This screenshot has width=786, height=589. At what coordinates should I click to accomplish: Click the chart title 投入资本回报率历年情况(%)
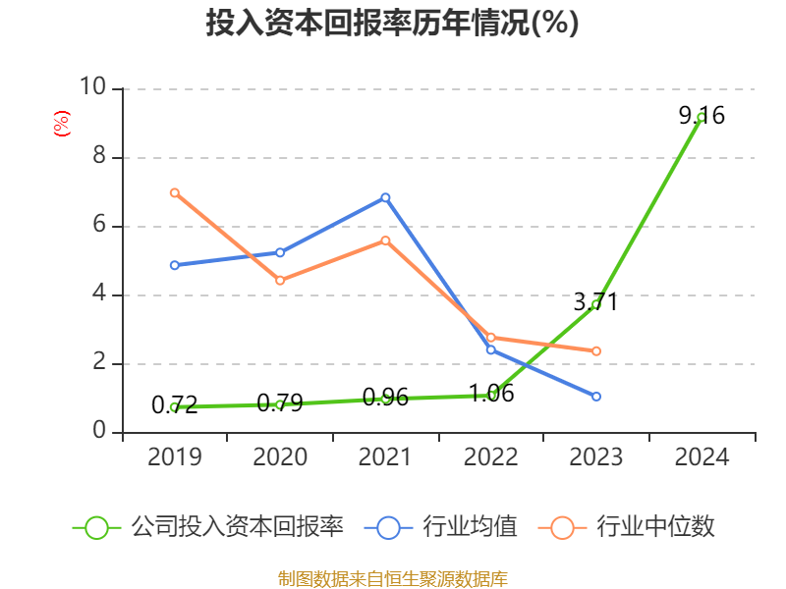tap(392, 24)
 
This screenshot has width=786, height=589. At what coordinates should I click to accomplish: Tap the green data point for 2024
tap(702, 117)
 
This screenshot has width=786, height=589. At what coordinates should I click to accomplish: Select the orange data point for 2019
tap(174, 192)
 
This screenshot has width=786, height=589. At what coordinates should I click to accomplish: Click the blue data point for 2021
tap(386, 197)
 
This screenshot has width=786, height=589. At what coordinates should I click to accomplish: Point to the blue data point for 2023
tap(596, 397)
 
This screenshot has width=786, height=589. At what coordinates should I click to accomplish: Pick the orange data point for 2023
tap(596, 350)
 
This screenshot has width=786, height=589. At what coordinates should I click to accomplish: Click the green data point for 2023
tap(596, 304)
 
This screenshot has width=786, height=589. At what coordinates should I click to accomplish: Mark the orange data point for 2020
tap(280, 280)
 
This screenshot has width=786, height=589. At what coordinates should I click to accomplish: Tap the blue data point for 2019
tap(174, 265)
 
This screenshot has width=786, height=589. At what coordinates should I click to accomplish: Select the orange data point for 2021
tap(386, 240)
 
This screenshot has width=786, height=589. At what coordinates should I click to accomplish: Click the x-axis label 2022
tap(491, 457)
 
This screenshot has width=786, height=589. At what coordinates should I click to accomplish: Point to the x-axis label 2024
tap(702, 457)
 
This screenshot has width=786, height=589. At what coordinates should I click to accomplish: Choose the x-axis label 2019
tap(174, 457)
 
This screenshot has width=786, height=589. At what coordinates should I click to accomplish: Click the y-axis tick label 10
tap(92, 87)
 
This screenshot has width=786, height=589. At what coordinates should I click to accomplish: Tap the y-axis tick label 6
tap(99, 225)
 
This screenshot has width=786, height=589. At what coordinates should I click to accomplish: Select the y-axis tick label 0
tap(99, 431)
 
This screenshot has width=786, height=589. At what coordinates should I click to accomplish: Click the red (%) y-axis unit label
tap(62, 124)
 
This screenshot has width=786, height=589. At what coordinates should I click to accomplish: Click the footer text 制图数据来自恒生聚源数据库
tap(392, 578)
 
